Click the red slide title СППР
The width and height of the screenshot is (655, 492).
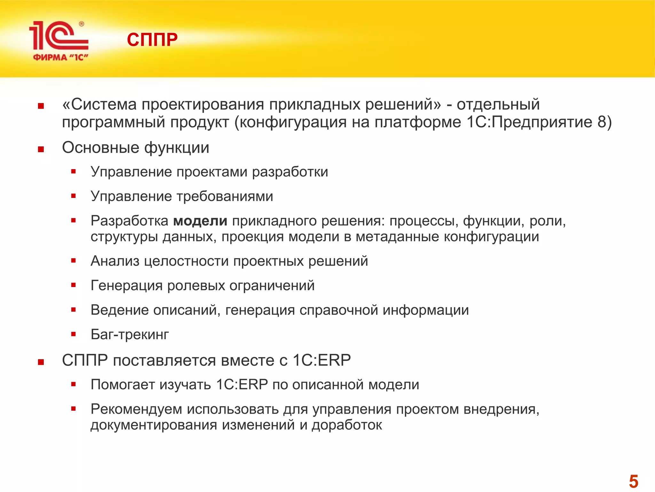[x=152, y=40]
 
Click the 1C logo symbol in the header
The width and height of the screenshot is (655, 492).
[x=58, y=36]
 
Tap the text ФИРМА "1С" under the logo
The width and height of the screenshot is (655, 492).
[x=60, y=58]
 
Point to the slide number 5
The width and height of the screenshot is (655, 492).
[x=633, y=481]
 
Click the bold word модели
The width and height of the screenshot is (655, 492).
[x=200, y=221]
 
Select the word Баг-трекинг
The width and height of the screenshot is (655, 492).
[x=130, y=334]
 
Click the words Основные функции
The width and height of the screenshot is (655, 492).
[x=136, y=148]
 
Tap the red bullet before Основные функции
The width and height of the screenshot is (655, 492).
[x=41, y=149]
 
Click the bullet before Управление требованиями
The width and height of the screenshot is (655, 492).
[x=74, y=196]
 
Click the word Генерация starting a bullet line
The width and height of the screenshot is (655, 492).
[x=127, y=285]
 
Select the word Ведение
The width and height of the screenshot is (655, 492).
[x=120, y=310]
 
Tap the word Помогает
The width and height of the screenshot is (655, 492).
[x=122, y=384]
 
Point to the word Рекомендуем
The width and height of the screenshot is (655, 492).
[x=136, y=409]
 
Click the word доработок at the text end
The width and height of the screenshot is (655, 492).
[x=347, y=425]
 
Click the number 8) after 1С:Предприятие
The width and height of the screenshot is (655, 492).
[x=604, y=122]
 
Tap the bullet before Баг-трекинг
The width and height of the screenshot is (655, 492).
[x=74, y=334]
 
